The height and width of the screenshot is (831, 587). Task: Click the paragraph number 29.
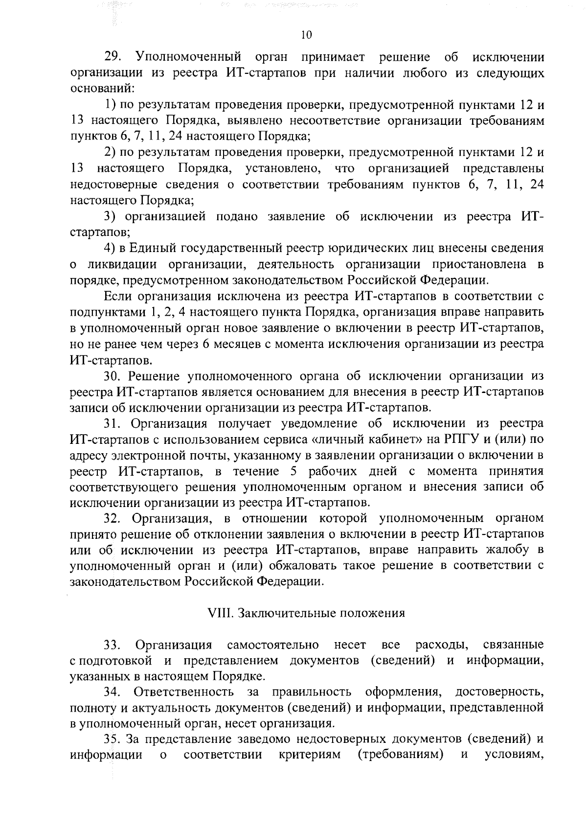[112, 57]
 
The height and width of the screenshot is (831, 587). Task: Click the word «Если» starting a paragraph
[118, 296]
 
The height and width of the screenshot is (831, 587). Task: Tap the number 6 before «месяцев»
[206, 344]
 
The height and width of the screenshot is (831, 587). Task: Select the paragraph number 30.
[112, 376]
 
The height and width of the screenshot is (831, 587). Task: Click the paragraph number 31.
[112, 423]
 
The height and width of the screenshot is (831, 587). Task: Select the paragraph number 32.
[112, 518]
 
